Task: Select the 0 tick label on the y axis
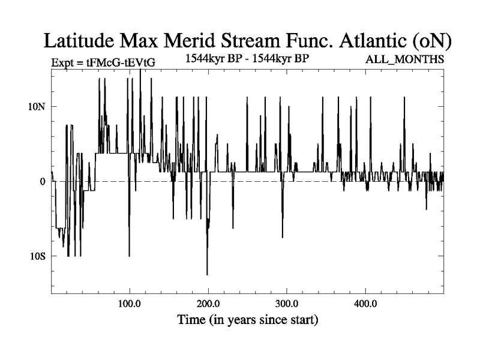43,181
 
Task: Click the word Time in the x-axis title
192,320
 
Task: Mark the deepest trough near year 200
207,274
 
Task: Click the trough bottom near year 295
283,238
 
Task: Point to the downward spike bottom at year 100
129,256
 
